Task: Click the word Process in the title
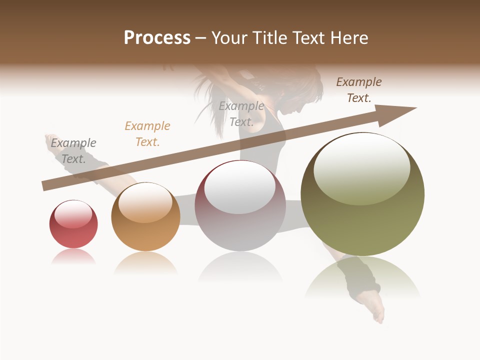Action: coord(157,38)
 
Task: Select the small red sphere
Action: coord(73,224)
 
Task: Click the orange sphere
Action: coord(145,217)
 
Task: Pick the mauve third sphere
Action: coord(240,206)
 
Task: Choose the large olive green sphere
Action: coord(362,195)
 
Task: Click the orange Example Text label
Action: coord(147,134)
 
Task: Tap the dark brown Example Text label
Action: coord(359,90)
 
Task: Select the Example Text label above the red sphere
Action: coord(73,151)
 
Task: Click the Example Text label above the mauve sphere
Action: coord(241,114)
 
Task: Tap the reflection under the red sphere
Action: coord(73,256)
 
